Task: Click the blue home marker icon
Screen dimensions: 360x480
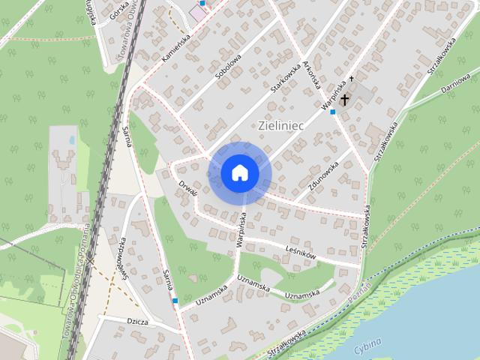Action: [240, 172]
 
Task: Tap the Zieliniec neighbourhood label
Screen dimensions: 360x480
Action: [280, 125]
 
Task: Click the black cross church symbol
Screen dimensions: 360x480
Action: [345, 99]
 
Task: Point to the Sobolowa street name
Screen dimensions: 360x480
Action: [228, 66]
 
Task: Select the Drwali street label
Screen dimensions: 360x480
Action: [186, 187]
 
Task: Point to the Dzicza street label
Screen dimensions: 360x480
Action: [137, 322]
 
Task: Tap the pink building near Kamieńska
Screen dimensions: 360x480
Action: [198, 13]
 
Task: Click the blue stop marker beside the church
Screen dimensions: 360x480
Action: [333, 112]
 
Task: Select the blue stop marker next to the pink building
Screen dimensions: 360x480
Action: [202, 3]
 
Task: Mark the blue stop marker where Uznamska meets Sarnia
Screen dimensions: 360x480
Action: [175, 300]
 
